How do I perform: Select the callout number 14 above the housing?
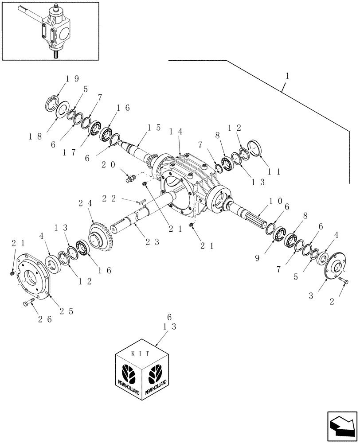pos(175,132)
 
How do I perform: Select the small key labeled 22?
pos(141,203)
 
